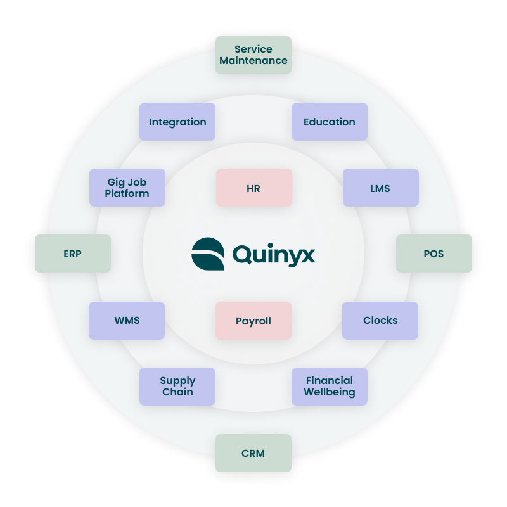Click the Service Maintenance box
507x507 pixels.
point(253,55)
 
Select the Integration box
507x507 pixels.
point(177,122)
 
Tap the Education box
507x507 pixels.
point(330,122)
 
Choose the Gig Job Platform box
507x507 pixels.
point(127,188)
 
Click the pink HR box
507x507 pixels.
point(253,188)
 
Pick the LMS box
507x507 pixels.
point(380,188)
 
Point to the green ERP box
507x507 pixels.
point(73,253)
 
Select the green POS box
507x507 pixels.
point(433,253)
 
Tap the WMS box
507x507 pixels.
point(127,320)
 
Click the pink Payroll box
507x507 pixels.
point(253,321)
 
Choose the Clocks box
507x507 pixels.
point(380,320)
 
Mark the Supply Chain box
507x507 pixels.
point(177,387)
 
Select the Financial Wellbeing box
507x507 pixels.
point(330,387)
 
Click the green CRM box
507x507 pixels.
point(253,453)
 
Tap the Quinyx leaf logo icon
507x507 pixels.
point(208,254)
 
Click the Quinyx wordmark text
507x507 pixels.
point(273,255)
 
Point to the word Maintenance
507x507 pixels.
point(253,61)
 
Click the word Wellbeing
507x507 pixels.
point(330,392)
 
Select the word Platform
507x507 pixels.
point(127,193)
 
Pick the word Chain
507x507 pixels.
point(177,392)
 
